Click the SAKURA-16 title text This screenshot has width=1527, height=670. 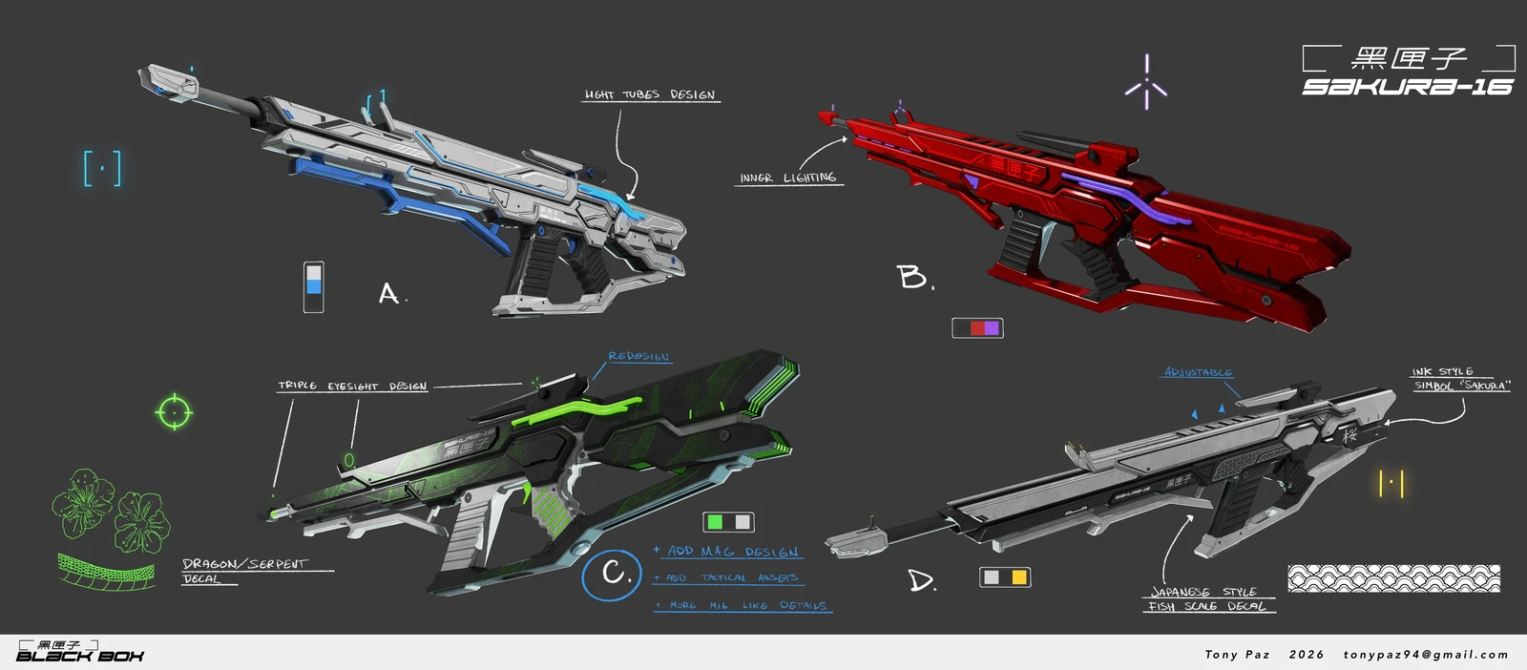tap(1408, 87)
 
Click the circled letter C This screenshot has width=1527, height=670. tap(613, 574)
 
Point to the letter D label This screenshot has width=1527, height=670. tap(921, 580)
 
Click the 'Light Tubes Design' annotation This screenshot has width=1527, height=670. tap(650, 94)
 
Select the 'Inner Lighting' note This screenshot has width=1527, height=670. tap(788, 178)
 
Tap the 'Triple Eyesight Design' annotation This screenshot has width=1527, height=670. tap(352, 386)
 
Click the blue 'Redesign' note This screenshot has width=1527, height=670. tap(638, 356)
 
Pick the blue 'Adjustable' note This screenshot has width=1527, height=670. tap(1198, 372)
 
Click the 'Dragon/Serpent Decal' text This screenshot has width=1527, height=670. tap(244, 571)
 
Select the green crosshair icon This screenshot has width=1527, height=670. tap(174, 412)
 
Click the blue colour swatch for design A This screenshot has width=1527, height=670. tap(313, 286)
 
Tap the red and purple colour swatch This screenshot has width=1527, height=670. tap(977, 327)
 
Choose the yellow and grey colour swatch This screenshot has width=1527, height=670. tap(1005, 576)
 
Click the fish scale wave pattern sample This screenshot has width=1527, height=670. tap(1393, 577)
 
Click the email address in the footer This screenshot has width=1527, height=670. tap(1425, 655)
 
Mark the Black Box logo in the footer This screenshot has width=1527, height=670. tap(79, 652)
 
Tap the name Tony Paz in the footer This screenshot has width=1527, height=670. tap(1237, 655)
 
